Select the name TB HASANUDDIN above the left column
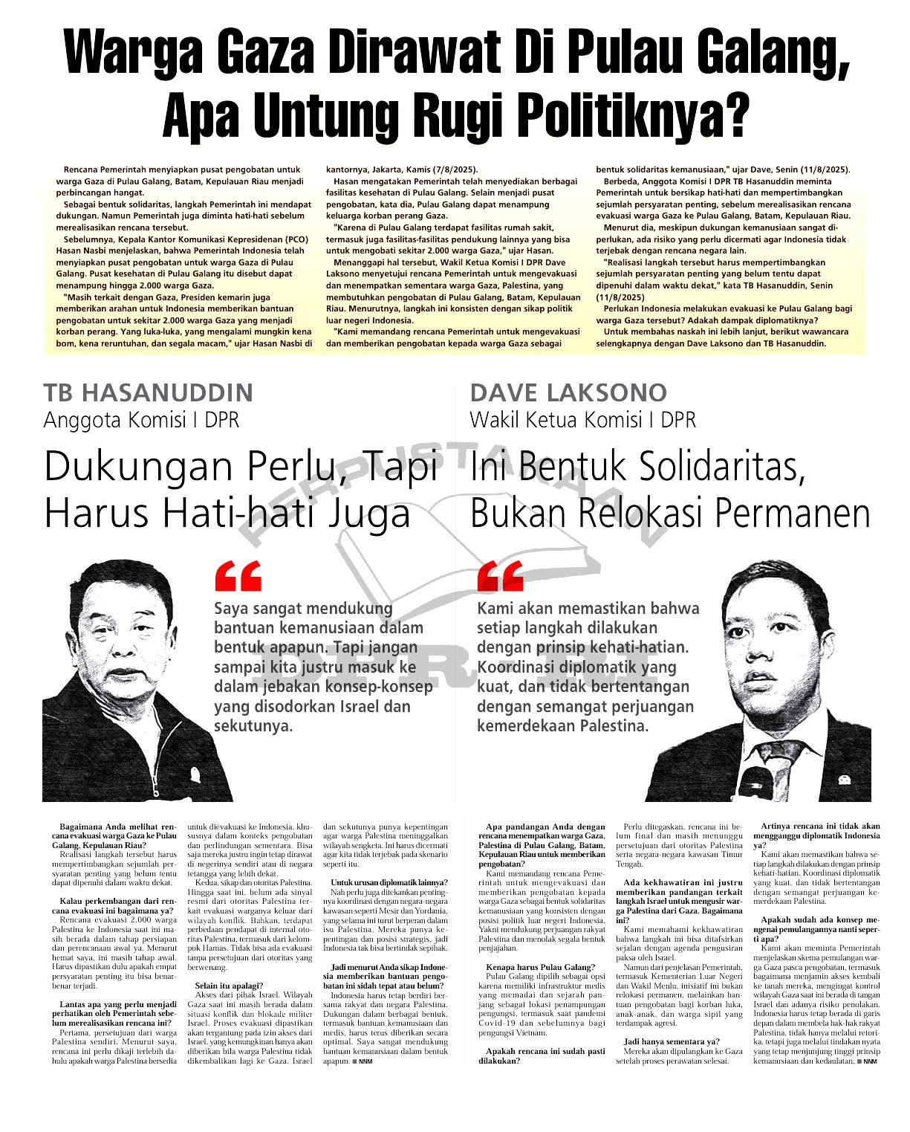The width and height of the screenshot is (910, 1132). [149, 392]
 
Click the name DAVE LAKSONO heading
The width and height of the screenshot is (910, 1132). [568, 392]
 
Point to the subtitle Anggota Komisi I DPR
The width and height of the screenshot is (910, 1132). [141, 420]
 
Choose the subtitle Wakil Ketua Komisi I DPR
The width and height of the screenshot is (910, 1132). [582, 420]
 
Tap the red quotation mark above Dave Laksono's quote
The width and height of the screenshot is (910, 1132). [500, 576]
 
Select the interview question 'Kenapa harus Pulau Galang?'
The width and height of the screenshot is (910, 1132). [540, 967]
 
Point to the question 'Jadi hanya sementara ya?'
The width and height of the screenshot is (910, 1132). [672, 1041]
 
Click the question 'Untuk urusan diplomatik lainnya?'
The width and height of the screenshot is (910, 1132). [389, 882]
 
